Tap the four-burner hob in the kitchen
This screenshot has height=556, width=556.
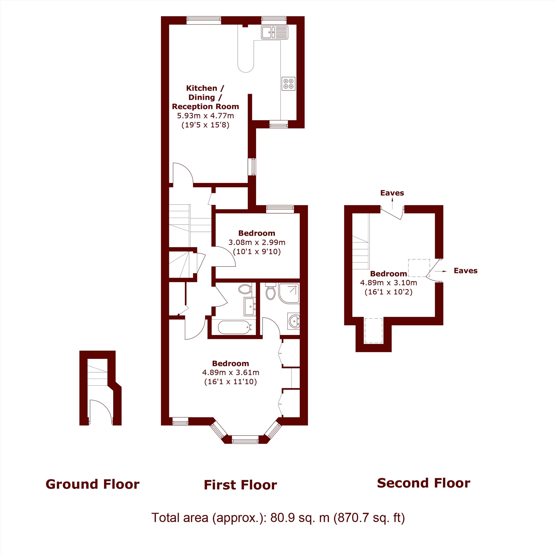point(288,83)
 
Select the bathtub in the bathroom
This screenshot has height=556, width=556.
point(235,327)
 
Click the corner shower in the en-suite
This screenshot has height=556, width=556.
point(289,293)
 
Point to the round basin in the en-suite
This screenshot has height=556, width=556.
point(294,321)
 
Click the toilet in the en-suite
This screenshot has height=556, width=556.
point(270,291)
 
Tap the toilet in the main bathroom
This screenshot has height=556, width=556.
point(245,289)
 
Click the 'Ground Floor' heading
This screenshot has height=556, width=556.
point(92,484)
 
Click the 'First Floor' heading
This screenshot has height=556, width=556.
point(240,485)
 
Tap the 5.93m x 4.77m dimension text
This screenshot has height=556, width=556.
point(205,116)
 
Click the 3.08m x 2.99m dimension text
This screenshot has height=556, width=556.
point(257,242)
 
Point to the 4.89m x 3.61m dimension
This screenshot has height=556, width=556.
point(230,373)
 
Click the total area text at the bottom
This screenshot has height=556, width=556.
point(278,517)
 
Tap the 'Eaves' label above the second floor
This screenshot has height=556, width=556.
point(392,193)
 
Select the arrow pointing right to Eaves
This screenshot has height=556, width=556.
point(441,271)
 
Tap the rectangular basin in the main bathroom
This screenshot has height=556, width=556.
point(249,306)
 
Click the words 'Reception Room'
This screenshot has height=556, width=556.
point(205,106)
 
